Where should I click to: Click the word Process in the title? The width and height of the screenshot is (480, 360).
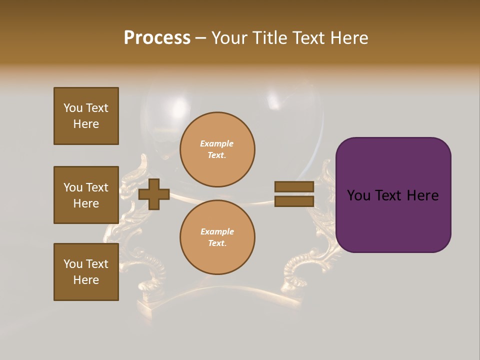[157, 38]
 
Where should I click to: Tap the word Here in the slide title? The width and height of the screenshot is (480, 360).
[348, 38]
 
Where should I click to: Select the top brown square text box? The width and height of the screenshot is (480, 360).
[86, 116]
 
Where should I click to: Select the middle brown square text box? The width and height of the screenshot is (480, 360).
[86, 195]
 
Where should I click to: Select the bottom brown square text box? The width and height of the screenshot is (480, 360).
[86, 272]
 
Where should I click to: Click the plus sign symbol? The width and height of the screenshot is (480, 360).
[154, 194]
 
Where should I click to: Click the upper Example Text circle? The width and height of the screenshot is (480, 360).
[217, 149]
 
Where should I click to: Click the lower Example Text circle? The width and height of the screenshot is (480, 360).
[217, 237]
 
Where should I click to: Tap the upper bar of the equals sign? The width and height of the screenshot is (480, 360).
[294, 186]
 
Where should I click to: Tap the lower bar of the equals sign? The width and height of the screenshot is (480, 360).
[294, 201]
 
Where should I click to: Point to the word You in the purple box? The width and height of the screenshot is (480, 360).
[359, 195]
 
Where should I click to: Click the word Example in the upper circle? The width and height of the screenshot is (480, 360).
[217, 143]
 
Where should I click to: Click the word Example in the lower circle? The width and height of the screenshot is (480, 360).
[217, 231]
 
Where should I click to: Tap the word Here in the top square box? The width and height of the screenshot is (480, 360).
[86, 124]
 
